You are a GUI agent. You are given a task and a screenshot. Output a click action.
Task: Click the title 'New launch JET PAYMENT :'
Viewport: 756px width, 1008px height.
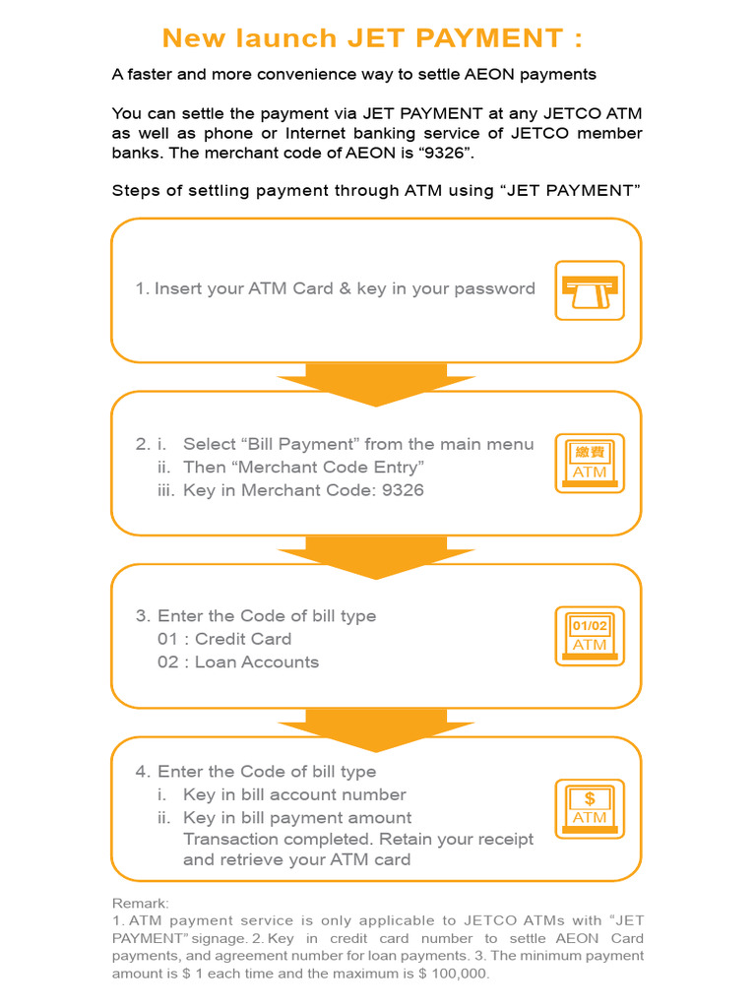tap(372, 38)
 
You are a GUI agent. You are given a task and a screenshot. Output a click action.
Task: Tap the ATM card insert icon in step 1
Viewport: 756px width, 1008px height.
tap(590, 290)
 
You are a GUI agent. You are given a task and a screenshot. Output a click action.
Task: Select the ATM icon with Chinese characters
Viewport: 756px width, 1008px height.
tap(590, 463)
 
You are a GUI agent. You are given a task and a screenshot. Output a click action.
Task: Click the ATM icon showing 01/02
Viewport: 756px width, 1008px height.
tap(590, 636)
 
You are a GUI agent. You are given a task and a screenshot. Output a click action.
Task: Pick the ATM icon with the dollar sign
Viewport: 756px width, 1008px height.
tap(590, 808)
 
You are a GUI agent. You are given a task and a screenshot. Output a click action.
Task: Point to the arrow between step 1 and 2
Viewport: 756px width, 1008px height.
tap(376, 383)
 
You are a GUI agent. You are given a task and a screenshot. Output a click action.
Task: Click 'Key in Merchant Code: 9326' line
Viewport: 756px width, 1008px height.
tap(303, 490)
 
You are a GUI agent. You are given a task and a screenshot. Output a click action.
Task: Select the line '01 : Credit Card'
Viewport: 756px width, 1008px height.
tap(224, 639)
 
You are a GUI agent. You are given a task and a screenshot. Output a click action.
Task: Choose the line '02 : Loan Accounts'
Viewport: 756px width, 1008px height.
tap(238, 661)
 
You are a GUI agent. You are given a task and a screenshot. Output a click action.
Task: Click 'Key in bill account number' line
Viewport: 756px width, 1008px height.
tap(294, 794)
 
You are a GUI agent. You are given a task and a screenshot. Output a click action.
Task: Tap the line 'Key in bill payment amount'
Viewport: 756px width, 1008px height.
tap(297, 818)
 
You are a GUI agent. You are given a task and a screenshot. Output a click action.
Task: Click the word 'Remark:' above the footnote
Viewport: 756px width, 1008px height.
tap(141, 903)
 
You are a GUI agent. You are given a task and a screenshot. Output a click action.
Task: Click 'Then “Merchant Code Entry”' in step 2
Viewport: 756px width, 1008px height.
tap(303, 468)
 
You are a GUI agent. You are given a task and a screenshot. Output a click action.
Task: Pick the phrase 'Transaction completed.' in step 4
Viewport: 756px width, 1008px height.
tap(264, 839)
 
